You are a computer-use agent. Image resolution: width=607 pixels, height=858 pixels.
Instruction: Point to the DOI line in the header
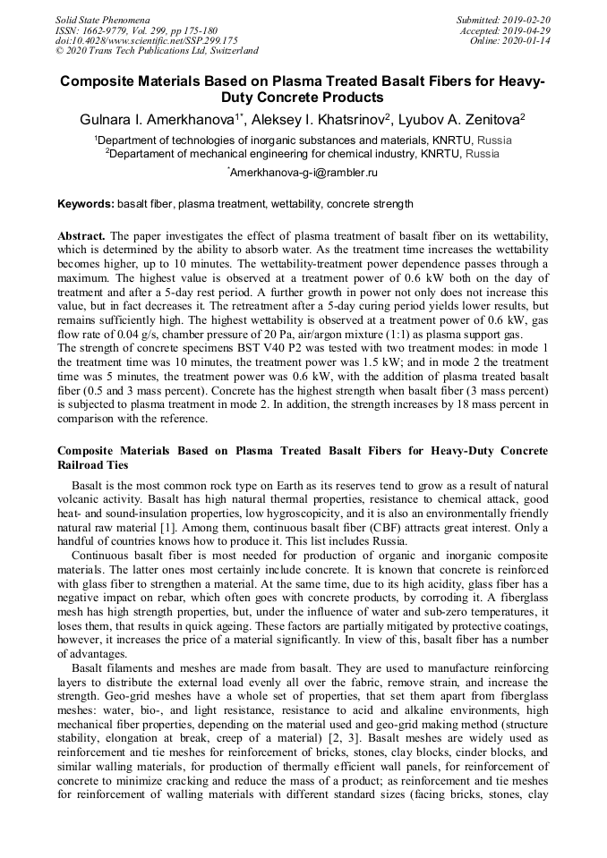tap(146, 40)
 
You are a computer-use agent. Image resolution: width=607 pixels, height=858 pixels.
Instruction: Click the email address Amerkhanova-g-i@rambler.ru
tap(304, 171)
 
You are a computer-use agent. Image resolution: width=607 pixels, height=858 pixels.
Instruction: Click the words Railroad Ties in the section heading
tap(93, 464)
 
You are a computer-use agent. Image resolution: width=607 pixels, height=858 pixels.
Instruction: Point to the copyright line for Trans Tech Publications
tap(157, 51)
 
